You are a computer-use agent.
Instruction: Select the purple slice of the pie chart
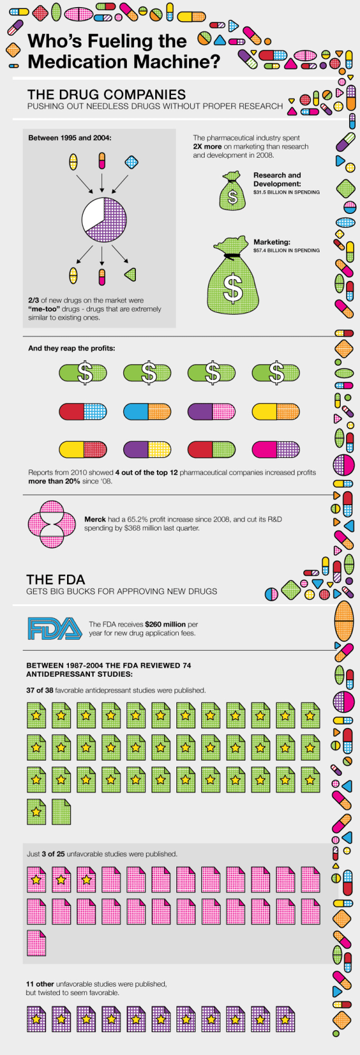110,222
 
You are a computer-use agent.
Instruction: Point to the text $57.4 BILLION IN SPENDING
286,250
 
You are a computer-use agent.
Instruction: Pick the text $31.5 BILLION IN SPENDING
286,192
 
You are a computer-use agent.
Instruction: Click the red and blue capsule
83,412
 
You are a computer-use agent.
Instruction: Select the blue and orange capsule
147,412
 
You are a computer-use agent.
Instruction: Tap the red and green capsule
211,450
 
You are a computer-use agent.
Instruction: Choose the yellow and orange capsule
275,412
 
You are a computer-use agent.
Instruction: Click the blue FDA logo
55,628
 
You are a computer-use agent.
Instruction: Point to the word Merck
95,519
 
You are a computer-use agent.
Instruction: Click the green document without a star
61,811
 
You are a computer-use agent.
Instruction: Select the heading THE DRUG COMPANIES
106,94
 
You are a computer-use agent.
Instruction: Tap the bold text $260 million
165,624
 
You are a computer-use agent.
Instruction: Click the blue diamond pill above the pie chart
131,162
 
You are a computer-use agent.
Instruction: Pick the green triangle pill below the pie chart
130,276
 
